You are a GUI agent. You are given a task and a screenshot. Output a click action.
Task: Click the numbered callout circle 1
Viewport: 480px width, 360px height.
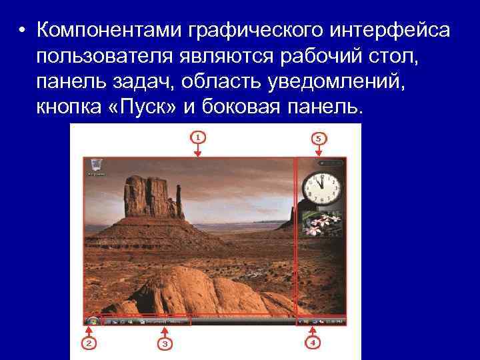click(x=197, y=137)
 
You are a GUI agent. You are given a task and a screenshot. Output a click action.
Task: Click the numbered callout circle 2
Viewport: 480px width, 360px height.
click(x=88, y=343)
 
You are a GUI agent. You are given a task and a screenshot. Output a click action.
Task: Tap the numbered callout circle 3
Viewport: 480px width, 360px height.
click(x=165, y=343)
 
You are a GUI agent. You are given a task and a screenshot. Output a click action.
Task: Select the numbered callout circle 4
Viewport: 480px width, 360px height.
click(x=312, y=343)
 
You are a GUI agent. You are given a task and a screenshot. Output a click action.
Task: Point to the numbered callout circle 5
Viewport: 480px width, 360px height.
click(x=318, y=138)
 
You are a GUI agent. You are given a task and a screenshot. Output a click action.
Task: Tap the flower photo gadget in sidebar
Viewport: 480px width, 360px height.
click(x=321, y=224)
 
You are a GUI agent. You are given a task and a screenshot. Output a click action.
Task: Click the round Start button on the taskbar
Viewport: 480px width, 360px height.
click(x=92, y=321)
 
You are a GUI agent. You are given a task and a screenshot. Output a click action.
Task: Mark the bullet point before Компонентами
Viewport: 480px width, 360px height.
click(x=23, y=31)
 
